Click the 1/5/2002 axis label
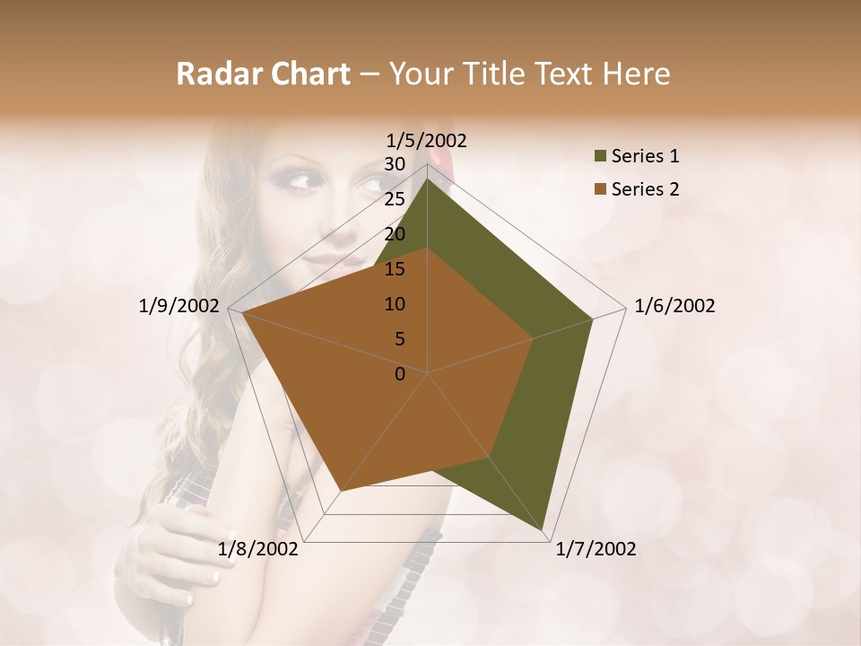tap(426, 140)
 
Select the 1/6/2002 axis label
tap(674, 306)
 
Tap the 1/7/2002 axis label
tap(596, 549)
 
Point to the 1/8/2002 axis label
tap(258, 549)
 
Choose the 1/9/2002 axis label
tap(179, 306)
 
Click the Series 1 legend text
tap(645, 156)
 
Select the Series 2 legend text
tap(645, 189)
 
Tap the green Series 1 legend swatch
tap(600, 157)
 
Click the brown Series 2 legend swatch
tap(600, 190)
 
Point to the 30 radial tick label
tap(395, 164)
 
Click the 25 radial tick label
tap(395, 199)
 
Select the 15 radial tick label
tap(395, 269)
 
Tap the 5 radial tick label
tap(399, 339)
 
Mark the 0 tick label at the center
tap(400, 374)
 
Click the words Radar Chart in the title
tap(263, 74)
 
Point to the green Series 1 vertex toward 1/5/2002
tap(427, 179)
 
